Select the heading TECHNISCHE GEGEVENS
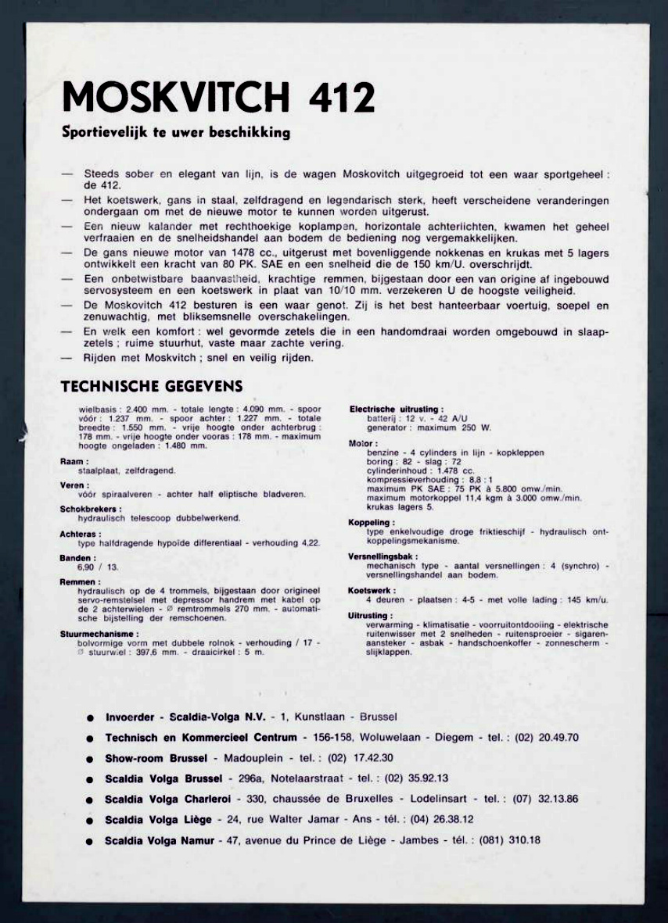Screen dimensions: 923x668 tap(152, 386)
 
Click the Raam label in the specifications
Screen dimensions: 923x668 tap(69, 462)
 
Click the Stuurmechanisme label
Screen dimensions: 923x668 tap(99, 634)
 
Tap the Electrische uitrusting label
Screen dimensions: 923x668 tap(397, 409)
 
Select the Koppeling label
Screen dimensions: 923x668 tap(372, 522)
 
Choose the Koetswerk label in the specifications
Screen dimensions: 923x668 tap(372, 590)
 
